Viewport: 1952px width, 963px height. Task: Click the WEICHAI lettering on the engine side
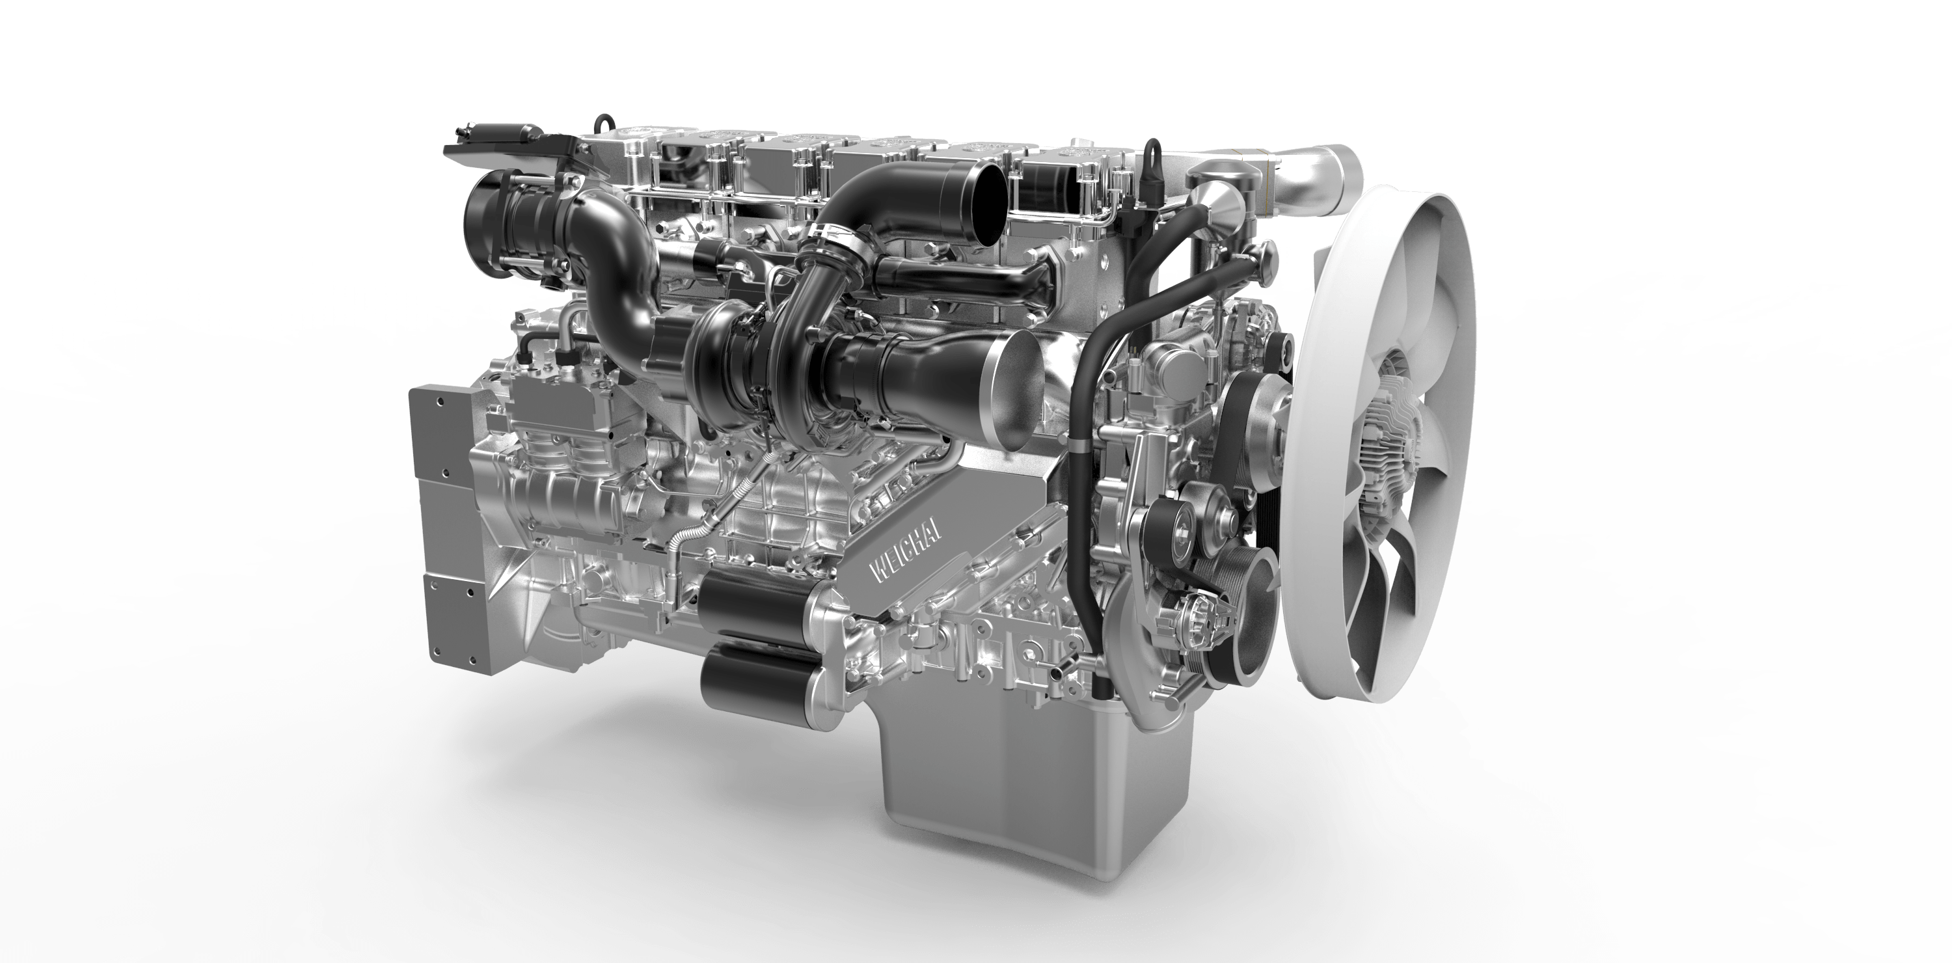click(906, 550)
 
